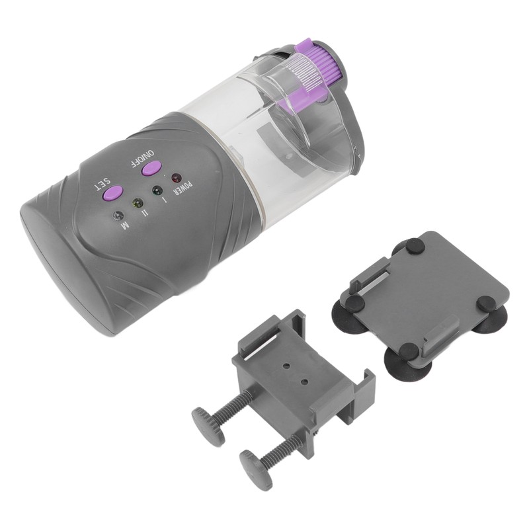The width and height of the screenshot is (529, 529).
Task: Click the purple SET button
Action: [x=112, y=192]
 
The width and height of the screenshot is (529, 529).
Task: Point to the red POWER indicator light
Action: [x=176, y=178]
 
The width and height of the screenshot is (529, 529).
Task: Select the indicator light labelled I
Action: [x=157, y=190]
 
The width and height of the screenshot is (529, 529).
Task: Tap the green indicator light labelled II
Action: [x=138, y=204]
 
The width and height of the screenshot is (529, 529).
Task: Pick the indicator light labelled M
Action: [x=118, y=215]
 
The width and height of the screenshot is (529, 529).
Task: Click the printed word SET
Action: [x=102, y=184]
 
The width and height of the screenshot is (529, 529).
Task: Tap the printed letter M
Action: [x=125, y=227]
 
